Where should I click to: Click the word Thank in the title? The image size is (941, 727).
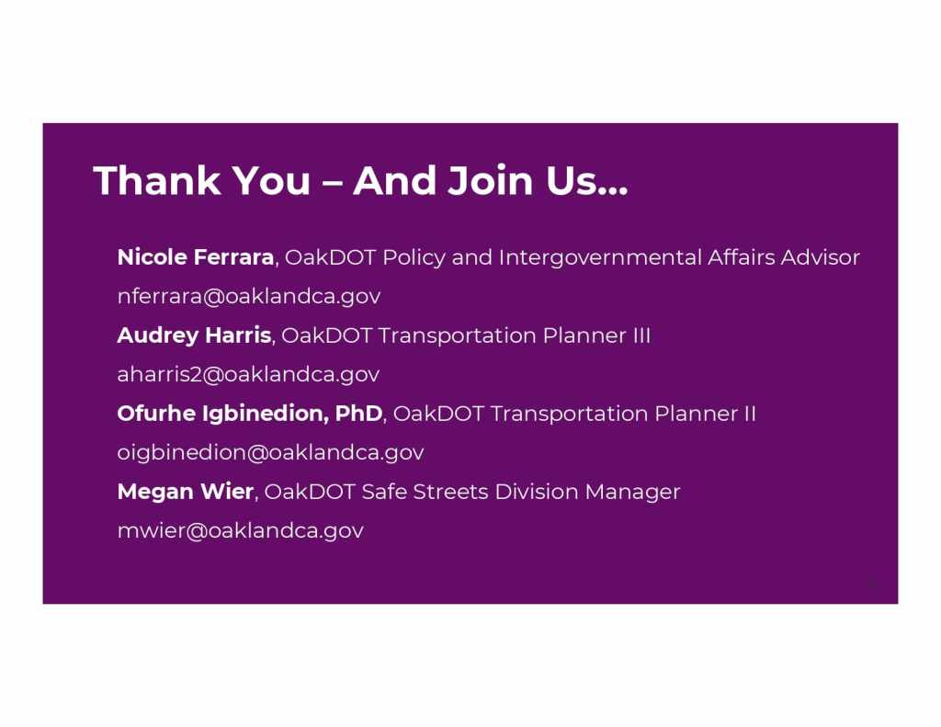157,180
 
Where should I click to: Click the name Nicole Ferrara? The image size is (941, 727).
196,257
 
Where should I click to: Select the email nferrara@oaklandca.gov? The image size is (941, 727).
249,296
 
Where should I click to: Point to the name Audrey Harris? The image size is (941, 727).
195,335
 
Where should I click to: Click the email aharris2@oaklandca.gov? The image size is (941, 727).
248,374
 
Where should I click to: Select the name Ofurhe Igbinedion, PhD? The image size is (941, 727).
250,413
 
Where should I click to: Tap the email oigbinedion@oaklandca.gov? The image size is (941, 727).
271,452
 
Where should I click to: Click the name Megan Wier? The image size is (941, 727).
186,491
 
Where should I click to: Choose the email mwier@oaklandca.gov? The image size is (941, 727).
241,530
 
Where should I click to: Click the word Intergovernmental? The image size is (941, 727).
600,257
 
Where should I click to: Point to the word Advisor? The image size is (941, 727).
820,257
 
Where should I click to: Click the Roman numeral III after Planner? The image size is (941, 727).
641,335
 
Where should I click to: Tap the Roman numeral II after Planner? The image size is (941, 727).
750,413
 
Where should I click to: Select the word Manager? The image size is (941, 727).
632,492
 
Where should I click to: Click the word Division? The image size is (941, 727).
537,491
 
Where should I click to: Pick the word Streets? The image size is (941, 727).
450,491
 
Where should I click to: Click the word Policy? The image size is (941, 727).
414,257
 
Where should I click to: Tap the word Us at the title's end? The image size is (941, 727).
572,180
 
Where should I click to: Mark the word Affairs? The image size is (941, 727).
742,257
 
